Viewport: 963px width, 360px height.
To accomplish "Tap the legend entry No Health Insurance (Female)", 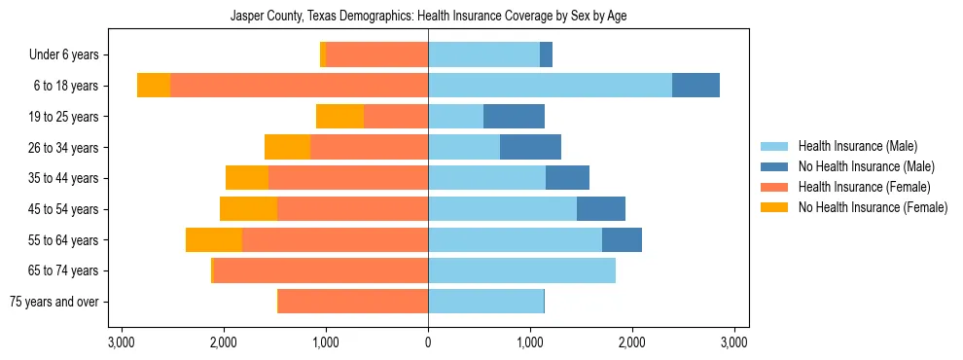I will pos(873,207).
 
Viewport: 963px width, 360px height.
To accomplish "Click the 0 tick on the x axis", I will pos(428,342).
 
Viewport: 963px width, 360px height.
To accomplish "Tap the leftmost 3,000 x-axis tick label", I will pos(122,342).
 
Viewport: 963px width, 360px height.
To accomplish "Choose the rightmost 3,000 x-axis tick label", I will pos(734,342).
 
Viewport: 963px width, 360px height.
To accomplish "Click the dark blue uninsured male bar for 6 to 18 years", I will pos(695,86).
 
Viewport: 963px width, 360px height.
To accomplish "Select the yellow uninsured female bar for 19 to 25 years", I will pos(339,117).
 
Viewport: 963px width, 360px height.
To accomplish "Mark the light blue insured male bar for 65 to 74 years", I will pos(521,270).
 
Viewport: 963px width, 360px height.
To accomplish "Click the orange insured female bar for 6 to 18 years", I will pos(299,86).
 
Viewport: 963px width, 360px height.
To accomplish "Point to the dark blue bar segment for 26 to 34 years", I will pos(530,147).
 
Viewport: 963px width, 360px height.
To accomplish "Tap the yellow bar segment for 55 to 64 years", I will pos(214,239).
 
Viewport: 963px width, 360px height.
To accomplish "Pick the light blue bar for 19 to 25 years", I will pos(455,117).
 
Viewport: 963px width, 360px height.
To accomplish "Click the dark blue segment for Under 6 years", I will pos(546,55).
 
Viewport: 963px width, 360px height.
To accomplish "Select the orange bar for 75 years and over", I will pos(353,302).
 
